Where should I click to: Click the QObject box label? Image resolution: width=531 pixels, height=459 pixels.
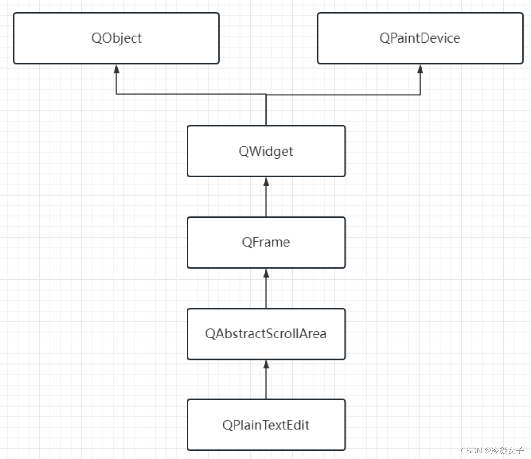click(116, 38)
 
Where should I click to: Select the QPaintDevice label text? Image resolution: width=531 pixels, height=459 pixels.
click(420, 38)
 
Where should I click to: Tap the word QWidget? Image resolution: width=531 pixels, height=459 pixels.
click(266, 151)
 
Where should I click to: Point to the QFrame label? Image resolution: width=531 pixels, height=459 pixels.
click(266, 242)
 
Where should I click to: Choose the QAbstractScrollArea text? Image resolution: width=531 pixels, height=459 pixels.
click(266, 334)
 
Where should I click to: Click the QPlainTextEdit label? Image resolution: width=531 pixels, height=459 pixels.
click(266, 425)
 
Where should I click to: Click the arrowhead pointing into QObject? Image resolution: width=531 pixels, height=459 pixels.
click(116, 68)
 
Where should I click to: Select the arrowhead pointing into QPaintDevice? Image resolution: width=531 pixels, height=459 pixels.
click(420, 68)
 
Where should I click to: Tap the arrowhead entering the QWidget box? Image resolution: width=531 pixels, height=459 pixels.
click(266, 181)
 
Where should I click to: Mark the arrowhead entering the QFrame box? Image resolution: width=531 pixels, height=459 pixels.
click(266, 273)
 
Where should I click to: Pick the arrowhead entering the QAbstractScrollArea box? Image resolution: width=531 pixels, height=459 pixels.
click(266, 364)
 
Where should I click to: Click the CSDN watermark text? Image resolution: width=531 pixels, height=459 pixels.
click(471, 450)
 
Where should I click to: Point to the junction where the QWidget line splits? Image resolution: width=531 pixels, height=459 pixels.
click(266, 95)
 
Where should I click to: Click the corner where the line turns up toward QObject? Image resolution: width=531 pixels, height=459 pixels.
click(116, 95)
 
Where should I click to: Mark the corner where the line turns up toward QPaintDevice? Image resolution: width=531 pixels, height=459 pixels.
click(420, 95)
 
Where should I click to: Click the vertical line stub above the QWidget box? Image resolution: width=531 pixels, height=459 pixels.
click(266, 111)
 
